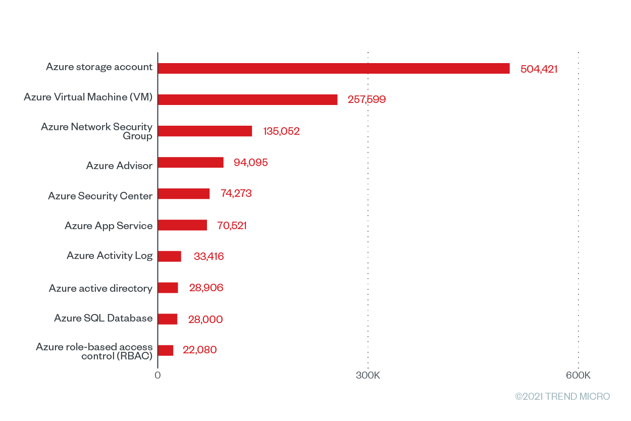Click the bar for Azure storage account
point(334,68)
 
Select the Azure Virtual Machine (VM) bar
point(247,99)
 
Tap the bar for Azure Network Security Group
point(205,131)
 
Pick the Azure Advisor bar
point(190,163)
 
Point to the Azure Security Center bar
point(184,194)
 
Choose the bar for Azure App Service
point(182,225)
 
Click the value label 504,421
point(539,69)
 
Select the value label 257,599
point(366,99)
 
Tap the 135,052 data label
point(281,131)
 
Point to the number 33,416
point(208,256)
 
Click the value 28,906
point(206,288)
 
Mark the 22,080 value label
point(199,350)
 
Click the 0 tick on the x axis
point(157,376)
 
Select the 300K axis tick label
point(368,376)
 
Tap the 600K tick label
point(578,376)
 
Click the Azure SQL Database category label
point(103,318)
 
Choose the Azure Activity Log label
point(110,255)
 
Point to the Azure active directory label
point(100,288)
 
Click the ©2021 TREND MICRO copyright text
point(562,396)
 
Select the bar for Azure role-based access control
point(166,350)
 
